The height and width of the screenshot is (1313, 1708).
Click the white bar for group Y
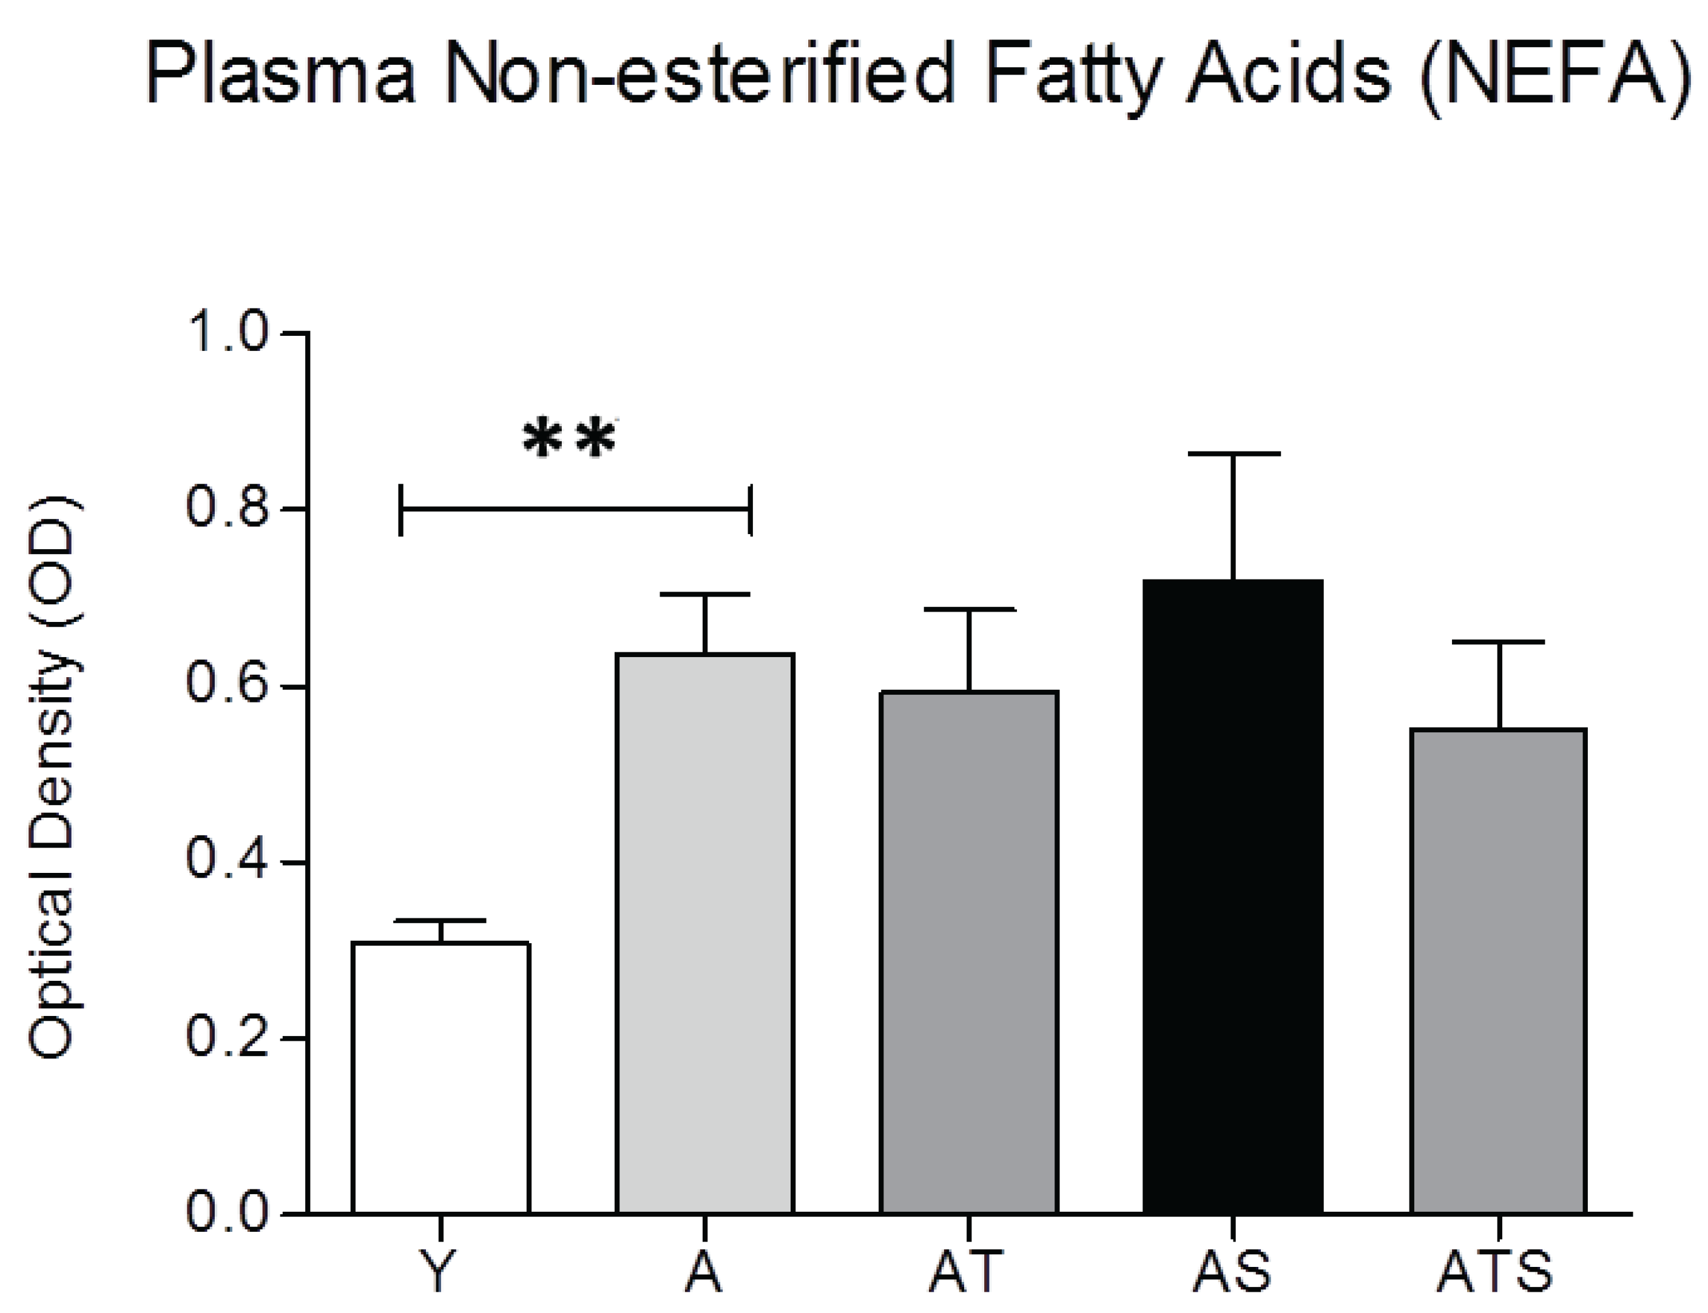click(441, 1078)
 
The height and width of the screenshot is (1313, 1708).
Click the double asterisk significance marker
click(569, 440)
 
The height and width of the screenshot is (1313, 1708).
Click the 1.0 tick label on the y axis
click(227, 334)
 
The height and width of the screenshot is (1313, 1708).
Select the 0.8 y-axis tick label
click(227, 510)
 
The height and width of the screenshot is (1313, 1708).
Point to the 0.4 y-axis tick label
click(227, 862)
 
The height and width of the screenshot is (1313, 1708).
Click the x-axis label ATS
click(1495, 1272)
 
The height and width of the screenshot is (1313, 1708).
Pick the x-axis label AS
click(1232, 1272)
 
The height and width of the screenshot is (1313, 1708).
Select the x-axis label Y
click(441, 1272)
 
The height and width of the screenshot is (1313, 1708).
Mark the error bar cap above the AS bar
click(1234, 453)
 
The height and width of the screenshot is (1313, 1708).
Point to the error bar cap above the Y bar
click(441, 921)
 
